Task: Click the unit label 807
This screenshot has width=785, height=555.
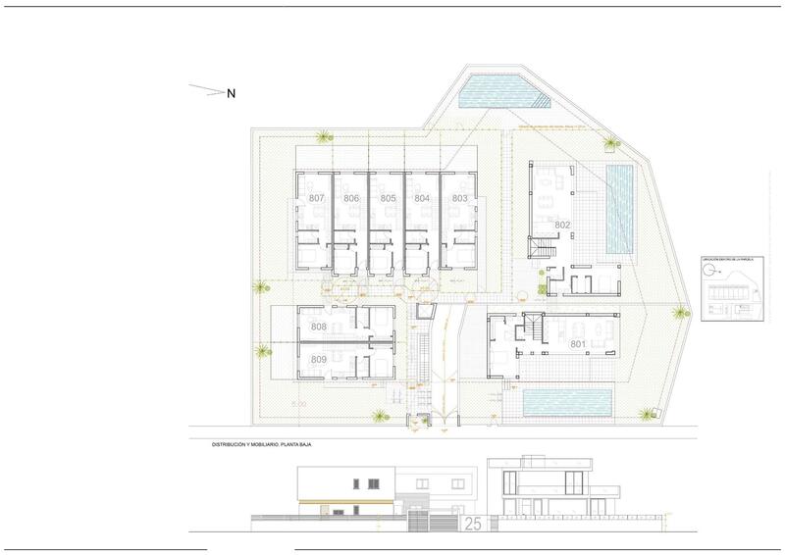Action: pyautogui.click(x=317, y=198)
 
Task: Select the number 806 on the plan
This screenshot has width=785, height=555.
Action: pyautogui.click(x=351, y=198)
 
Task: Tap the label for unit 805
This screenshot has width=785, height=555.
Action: pyautogui.click(x=388, y=198)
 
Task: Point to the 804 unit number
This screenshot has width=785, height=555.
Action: pyautogui.click(x=423, y=198)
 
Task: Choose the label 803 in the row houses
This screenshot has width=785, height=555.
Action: pyautogui.click(x=459, y=198)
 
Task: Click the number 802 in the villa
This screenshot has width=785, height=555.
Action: pyautogui.click(x=562, y=225)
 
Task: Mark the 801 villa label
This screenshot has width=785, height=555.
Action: pyautogui.click(x=578, y=344)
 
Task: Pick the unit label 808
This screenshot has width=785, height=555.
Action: pyautogui.click(x=318, y=327)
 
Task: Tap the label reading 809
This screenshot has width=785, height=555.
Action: pyautogui.click(x=318, y=360)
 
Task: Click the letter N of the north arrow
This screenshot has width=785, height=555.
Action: pyautogui.click(x=232, y=94)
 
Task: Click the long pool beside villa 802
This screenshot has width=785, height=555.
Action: pyautogui.click(x=620, y=207)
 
